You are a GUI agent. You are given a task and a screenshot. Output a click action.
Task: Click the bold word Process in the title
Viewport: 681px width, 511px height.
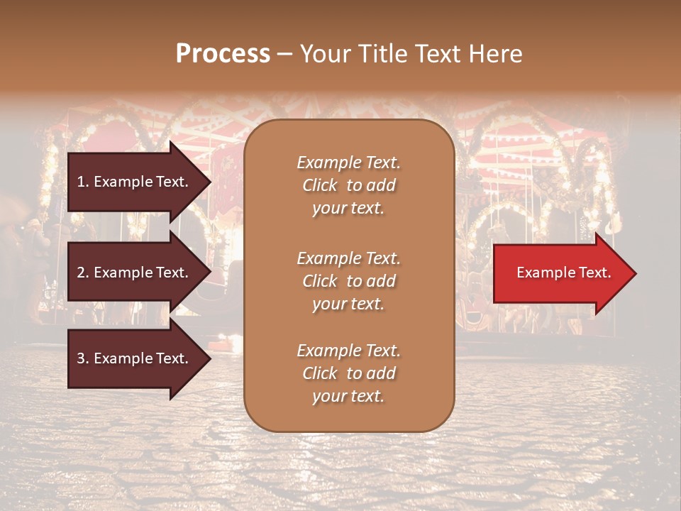(x=223, y=54)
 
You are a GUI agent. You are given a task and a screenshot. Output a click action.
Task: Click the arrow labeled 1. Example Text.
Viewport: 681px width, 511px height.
(x=135, y=182)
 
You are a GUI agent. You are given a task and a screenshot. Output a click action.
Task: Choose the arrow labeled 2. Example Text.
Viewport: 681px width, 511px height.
(x=135, y=273)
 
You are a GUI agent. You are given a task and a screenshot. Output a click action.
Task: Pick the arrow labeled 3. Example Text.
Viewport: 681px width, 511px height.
(x=135, y=358)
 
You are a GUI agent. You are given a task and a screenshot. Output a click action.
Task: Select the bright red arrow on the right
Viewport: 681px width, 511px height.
(x=560, y=273)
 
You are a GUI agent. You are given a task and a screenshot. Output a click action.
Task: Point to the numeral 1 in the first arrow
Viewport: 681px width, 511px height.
(x=80, y=182)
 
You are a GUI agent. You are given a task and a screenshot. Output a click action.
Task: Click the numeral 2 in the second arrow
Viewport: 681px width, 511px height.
(x=80, y=273)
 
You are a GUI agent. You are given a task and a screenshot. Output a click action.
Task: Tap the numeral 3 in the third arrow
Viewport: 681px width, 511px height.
(x=80, y=358)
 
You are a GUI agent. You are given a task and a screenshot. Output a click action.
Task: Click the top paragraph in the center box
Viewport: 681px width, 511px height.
(x=348, y=185)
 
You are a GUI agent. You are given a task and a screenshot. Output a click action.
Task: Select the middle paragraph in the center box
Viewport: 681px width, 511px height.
(x=348, y=281)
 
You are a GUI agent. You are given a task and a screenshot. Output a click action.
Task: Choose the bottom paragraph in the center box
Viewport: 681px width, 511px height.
(x=348, y=373)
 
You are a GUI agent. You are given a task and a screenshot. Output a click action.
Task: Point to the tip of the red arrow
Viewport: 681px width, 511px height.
(x=635, y=273)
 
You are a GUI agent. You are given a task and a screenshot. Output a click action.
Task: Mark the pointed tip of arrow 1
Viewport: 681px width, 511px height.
(x=210, y=182)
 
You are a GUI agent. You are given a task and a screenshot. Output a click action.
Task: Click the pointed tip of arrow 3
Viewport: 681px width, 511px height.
(x=210, y=358)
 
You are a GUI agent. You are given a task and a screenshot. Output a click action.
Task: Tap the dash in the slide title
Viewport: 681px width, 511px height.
(x=284, y=54)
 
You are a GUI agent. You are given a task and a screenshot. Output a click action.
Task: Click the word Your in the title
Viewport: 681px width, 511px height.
(x=324, y=54)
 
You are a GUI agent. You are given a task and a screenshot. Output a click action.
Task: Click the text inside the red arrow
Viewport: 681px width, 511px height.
(x=563, y=273)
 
